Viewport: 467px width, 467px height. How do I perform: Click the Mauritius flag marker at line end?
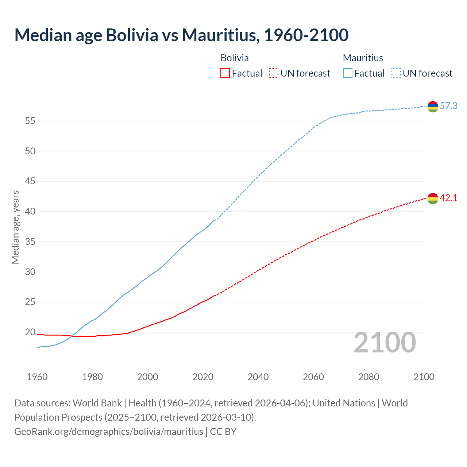tap(433, 107)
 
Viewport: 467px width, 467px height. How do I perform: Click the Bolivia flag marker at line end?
tap(433, 198)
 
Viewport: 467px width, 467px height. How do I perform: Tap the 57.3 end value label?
tap(448, 106)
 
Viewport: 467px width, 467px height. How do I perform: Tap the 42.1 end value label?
tap(448, 198)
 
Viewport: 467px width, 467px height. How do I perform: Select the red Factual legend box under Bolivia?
tap(225, 73)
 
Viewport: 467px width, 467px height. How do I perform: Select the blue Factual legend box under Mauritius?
tap(348, 73)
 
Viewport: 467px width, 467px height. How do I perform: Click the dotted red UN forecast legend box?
tap(274, 73)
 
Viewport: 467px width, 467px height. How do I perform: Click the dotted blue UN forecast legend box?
tap(396, 73)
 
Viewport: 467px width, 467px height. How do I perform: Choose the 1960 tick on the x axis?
tap(37, 377)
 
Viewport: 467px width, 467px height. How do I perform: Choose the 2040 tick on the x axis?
tap(258, 377)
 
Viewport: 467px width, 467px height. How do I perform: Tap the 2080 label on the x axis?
tap(368, 377)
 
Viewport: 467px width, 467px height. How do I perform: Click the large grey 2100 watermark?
tap(385, 342)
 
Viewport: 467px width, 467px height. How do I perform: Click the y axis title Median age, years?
tap(15, 227)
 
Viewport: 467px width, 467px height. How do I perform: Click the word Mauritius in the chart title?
tap(220, 35)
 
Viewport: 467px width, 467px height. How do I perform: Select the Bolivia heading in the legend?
tap(235, 58)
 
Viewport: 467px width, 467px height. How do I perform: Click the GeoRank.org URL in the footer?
tap(109, 432)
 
